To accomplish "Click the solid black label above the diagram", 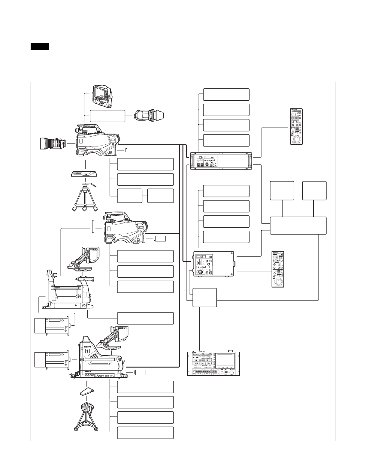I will point(40,46).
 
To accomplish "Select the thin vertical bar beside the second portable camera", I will point(93,226).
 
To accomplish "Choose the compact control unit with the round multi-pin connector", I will point(213,263).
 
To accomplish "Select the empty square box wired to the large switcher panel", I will point(204,297).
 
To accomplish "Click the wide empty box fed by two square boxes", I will point(298,226).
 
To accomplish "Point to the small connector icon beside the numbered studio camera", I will point(141,372).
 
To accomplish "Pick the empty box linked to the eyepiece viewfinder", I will point(107,116).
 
